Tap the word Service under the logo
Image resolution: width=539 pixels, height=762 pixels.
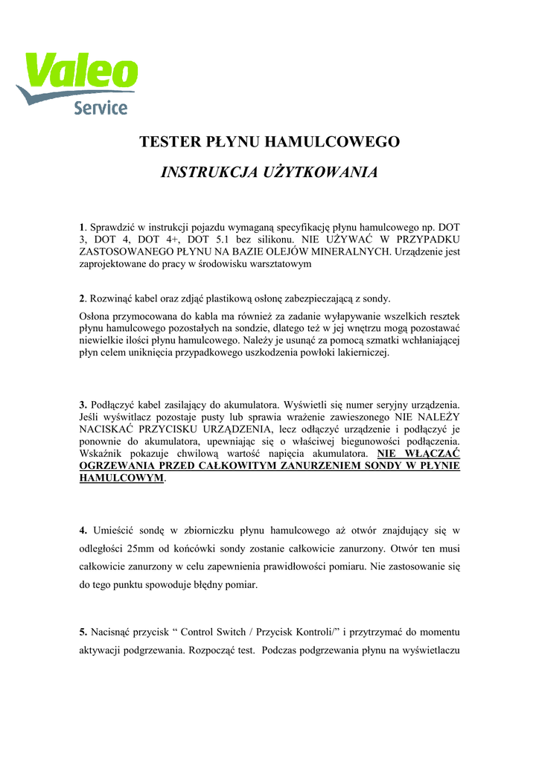point(101,108)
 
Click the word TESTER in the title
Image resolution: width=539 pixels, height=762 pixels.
point(169,141)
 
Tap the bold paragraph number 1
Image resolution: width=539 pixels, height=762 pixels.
point(82,225)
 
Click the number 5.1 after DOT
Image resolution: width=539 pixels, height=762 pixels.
point(220,239)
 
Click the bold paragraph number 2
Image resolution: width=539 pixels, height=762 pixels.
point(82,299)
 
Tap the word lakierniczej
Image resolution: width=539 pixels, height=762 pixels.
point(360,353)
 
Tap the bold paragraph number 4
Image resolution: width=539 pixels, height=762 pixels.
point(83,530)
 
